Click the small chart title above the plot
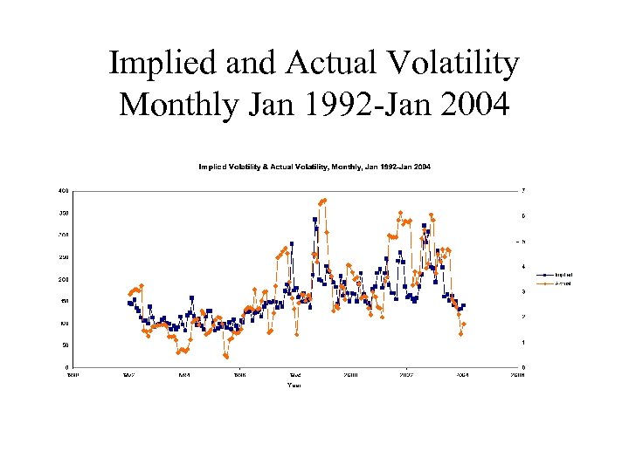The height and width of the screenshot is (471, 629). coord(314,167)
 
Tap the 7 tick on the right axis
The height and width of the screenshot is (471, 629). coord(522,191)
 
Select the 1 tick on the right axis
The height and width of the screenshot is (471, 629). coord(522,342)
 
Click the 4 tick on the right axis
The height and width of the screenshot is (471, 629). coord(522,267)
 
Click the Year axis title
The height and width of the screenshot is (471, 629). coord(294,385)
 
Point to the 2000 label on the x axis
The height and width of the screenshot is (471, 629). coord(350,376)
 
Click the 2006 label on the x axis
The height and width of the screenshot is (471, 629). coord(518,376)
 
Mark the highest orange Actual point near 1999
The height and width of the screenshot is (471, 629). coord(324,200)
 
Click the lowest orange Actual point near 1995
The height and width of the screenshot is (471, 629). coord(226,357)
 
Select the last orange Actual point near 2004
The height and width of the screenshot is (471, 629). coord(464,324)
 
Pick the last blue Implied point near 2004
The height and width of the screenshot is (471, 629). coord(463,305)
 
